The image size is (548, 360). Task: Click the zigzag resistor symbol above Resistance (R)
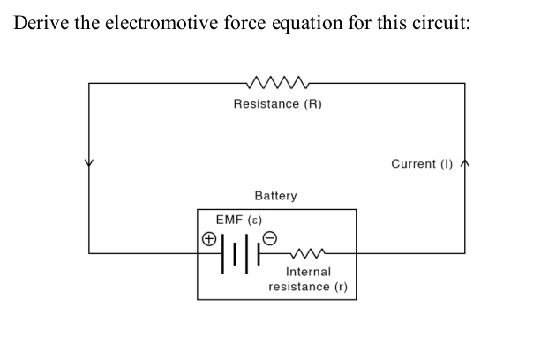[277, 84]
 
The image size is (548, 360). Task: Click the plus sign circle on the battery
[208, 239]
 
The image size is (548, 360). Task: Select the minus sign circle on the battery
[271, 237]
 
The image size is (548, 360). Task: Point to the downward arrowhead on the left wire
[87, 164]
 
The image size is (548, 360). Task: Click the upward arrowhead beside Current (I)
[465, 163]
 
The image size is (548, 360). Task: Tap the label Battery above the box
[275, 195]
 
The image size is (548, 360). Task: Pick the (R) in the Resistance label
[313, 104]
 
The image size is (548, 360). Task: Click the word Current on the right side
[413, 163]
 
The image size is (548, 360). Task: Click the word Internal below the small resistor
[308, 273]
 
